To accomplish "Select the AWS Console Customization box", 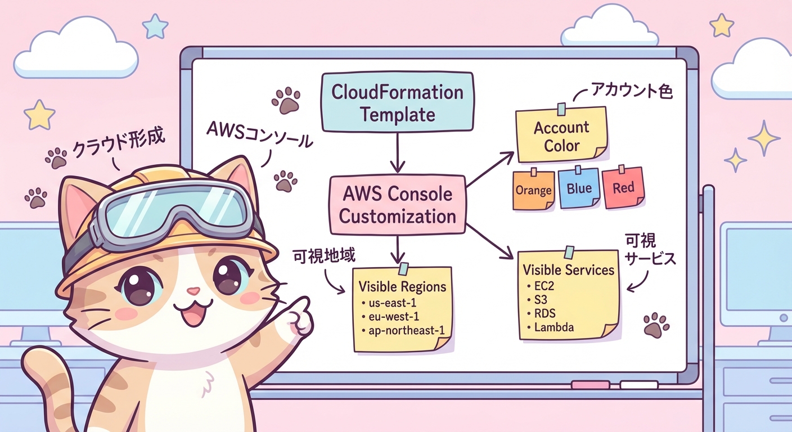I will tap(398, 205).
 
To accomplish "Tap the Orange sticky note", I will tap(533, 190).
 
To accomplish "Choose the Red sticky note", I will tap(623, 188).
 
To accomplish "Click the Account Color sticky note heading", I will tap(561, 136).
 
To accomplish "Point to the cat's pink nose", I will tap(193, 291).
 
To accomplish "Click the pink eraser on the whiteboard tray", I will tap(590, 385).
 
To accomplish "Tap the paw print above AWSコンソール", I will tap(286, 100).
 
